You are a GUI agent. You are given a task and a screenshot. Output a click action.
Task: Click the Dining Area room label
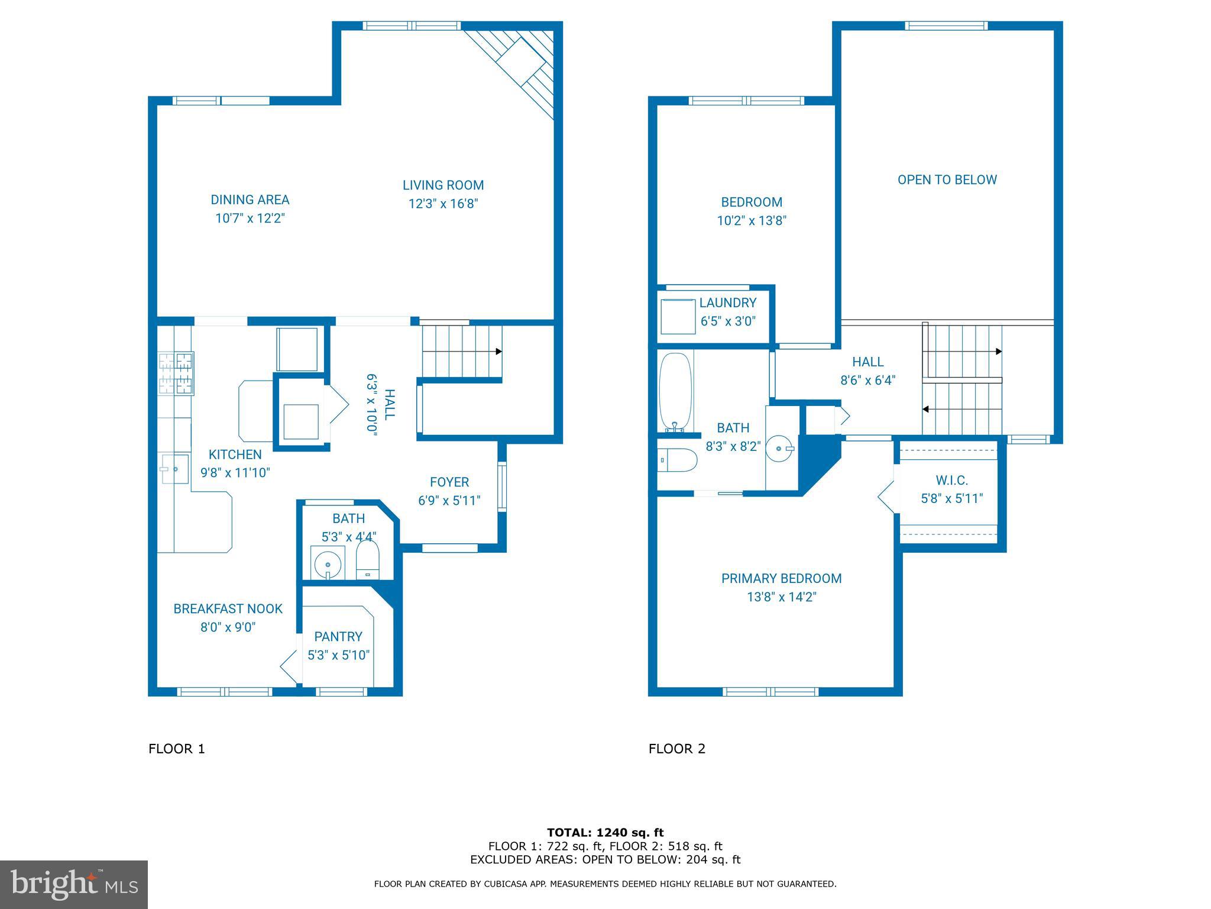[250, 200]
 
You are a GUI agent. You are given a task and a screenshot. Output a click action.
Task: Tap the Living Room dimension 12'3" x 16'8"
[443, 204]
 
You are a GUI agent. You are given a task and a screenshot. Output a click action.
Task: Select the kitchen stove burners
[176, 373]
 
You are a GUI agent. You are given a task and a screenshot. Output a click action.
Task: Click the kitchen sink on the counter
[174, 469]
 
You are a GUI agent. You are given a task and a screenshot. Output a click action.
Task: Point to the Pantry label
[338, 637]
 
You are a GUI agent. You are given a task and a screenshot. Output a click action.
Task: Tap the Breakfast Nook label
[228, 609]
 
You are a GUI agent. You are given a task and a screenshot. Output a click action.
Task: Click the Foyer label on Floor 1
[449, 482]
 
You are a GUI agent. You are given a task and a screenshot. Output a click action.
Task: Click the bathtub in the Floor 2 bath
[675, 392]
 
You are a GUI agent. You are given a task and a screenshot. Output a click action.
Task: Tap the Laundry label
[727, 303]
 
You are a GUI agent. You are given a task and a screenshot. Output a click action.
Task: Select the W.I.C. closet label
[951, 481]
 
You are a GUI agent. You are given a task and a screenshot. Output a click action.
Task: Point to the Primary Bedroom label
[781, 579]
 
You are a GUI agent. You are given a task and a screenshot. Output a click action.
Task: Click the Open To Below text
[947, 180]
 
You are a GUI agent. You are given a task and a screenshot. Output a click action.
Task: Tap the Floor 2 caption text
[676, 749]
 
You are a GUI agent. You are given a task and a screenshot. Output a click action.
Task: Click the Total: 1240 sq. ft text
[605, 833]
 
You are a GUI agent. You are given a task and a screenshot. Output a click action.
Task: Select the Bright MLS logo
[74, 885]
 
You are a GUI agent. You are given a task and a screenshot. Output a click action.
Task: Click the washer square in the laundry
[678, 317]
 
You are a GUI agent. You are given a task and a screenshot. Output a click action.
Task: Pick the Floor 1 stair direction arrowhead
[498, 352]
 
